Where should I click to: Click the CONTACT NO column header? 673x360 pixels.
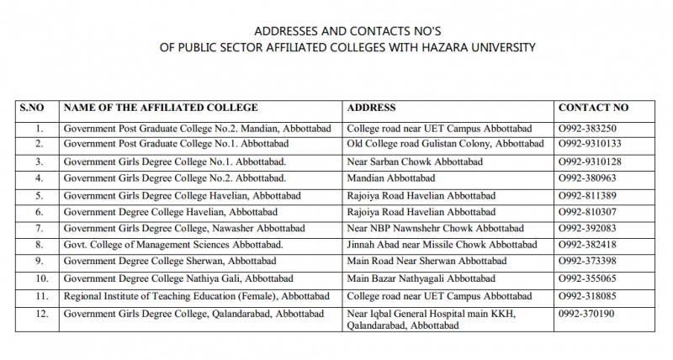[593, 108]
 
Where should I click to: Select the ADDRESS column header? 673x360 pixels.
[371, 108]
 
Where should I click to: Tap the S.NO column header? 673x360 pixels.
[36, 108]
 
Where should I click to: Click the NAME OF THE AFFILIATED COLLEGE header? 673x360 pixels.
[161, 108]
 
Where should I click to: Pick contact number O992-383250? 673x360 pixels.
[588, 129]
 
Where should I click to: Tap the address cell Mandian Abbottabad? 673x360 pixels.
[390, 178]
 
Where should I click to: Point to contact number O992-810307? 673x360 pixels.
[588, 212]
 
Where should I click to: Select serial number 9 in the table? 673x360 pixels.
[39, 262]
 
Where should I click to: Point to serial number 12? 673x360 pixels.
[39, 314]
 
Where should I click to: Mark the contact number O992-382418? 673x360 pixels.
[588, 245]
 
